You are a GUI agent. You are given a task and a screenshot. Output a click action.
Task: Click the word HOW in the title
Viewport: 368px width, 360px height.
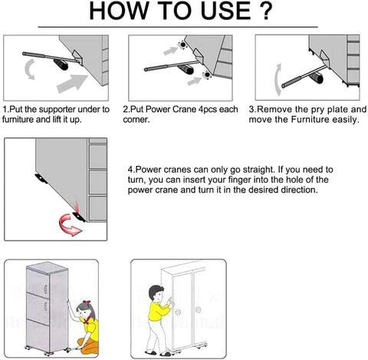pos(120,14)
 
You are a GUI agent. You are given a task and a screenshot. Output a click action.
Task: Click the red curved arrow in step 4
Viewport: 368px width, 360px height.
pos(65,223)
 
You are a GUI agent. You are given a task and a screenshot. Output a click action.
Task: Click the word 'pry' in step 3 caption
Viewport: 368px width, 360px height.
pos(314,110)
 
